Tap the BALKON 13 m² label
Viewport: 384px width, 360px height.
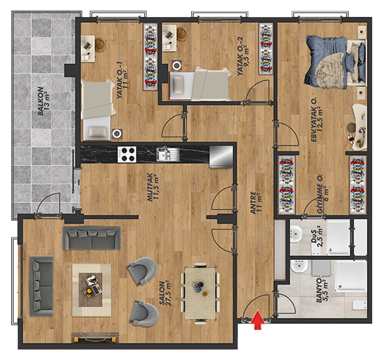(x=44, y=101)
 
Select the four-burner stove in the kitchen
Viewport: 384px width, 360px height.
(x=127, y=154)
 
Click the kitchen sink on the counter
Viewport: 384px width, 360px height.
(x=168, y=154)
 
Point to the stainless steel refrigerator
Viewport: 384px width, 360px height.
(x=221, y=156)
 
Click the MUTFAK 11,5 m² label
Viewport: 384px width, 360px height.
(x=153, y=187)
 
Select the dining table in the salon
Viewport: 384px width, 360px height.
(x=201, y=293)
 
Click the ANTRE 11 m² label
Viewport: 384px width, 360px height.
(x=256, y=203)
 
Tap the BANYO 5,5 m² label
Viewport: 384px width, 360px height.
(x=322, y=290)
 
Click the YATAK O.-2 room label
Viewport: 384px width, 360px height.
(x=242, y=57)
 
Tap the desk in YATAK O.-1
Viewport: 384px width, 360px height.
(x=88, y=48)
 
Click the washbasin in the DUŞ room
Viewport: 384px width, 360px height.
(x=296, y=234)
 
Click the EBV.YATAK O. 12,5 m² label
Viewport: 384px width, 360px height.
(x=317, y=120)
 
